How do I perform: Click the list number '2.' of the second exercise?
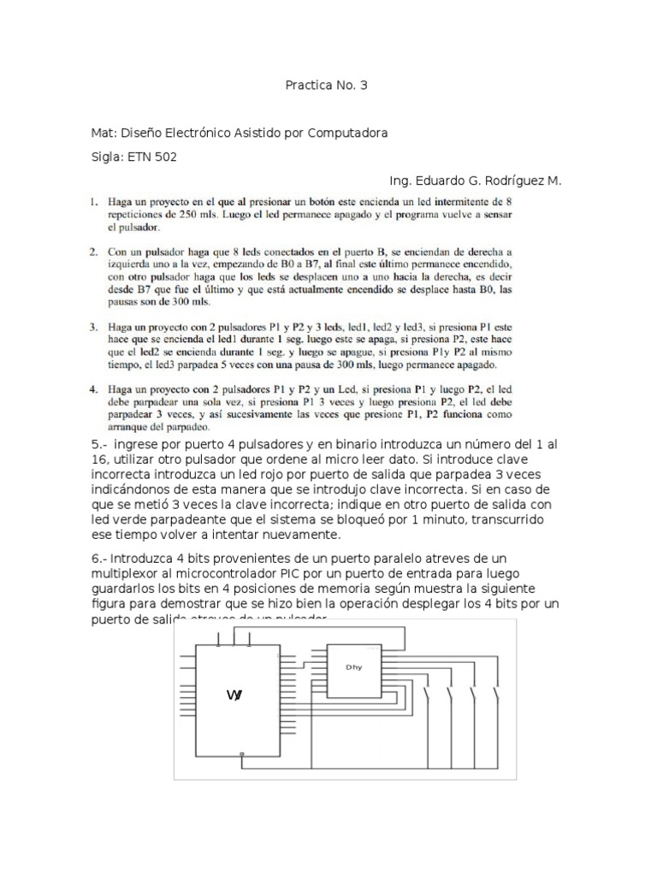(x=95, y=254)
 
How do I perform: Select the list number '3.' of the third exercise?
(x=95, y=327)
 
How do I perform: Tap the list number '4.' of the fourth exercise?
(x=95, y=388)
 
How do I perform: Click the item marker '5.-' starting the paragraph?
(x=101, y=445)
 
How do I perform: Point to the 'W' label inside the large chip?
(x=234, y=695)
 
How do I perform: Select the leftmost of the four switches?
(x=427, y=695)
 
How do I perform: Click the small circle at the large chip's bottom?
(x=243, y=754)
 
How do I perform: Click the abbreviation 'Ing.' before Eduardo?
(x=400, y=181)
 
